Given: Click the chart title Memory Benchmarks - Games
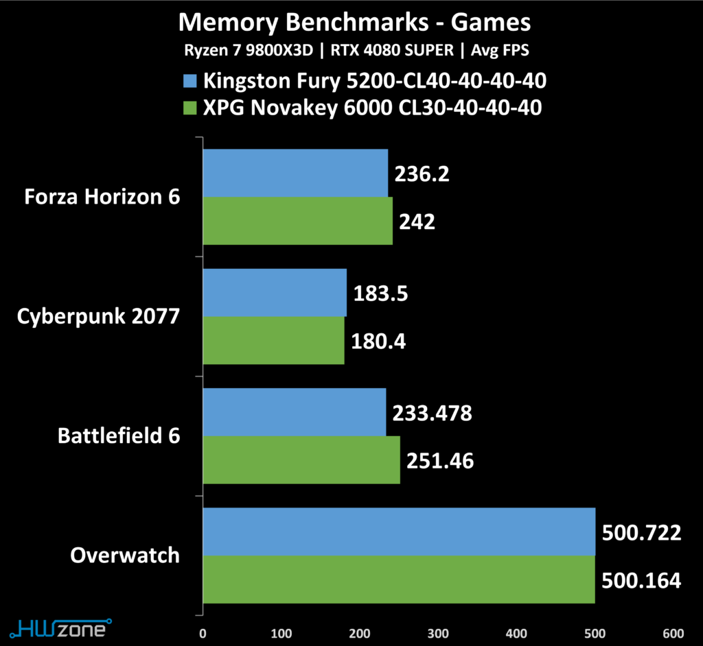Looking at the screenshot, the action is coord(354,23).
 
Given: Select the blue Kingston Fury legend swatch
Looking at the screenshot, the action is coord(189,81).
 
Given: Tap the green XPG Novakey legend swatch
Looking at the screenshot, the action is coord(189,108).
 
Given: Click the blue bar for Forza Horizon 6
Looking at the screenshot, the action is coord(295,173).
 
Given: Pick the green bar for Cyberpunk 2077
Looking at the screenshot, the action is coord(273,340).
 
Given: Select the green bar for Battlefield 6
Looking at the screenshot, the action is coord(301,460).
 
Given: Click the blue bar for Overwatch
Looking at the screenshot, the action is coord(399,531).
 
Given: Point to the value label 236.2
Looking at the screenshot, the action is coord(422,174).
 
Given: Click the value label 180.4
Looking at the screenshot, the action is coord(378,342).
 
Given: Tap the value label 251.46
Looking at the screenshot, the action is coord(440,461).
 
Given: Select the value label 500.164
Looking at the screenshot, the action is coord(641,581).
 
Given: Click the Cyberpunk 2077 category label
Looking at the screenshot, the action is coord(98,317).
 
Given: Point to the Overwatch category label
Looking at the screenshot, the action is coord(125,555).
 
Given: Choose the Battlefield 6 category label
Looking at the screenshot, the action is coord(119,436).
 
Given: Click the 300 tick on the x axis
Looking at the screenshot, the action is coord(438,634).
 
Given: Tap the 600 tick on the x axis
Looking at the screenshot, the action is coord(673,634).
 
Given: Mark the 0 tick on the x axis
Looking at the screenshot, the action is coord(203,634).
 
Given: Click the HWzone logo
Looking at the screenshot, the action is coord(61,628).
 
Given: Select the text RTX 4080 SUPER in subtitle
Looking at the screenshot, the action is coord(392,50).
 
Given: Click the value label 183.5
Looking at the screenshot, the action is coord(380,294).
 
